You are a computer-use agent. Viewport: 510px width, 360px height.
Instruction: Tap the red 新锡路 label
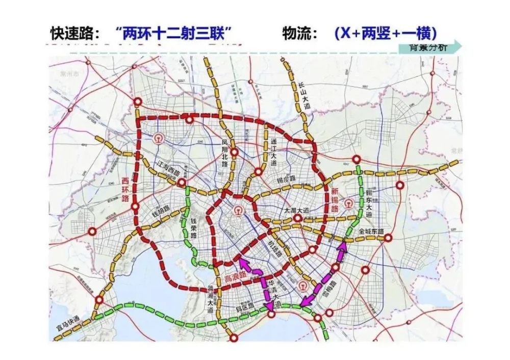coord(335,200)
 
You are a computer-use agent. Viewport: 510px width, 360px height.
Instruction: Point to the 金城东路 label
coord(373,231)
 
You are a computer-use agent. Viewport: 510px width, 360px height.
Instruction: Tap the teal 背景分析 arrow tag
coord(429,47)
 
